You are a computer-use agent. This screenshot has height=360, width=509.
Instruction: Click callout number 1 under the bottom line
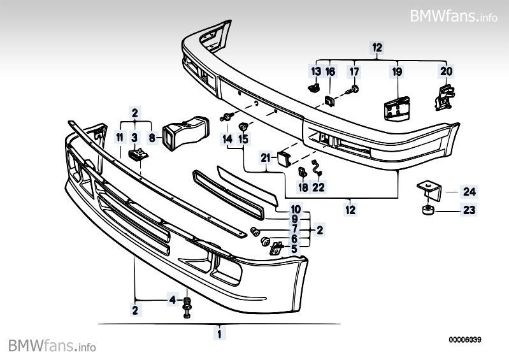point(219,333)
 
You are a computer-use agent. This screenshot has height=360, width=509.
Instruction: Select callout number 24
point(470,191)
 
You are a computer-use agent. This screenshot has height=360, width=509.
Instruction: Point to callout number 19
point(397,71)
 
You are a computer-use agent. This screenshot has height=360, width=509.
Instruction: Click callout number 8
point(151,137)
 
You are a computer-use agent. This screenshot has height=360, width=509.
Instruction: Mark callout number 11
point(120,137)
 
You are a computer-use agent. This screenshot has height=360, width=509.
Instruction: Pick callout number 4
point(172,299)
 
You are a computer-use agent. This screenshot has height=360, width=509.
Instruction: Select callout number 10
point(296,209)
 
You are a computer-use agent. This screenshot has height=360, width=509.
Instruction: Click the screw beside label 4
point(187,306)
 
